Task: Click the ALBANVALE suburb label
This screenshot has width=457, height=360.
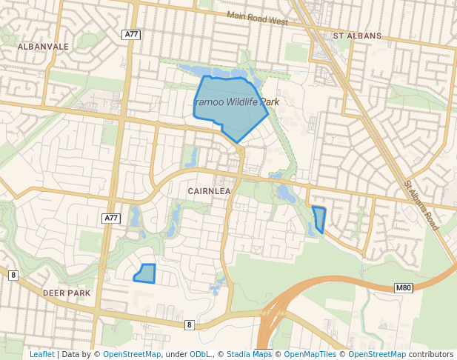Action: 42,46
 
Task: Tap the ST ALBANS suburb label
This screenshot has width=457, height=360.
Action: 357,36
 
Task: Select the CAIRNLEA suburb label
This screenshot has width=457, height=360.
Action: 210,191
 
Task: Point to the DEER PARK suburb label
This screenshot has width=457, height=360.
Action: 67,293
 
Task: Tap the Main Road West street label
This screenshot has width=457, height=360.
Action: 257,19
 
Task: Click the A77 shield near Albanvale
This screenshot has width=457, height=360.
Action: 132,34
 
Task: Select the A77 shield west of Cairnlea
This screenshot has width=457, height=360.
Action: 110,218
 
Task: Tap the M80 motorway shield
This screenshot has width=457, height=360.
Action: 403,287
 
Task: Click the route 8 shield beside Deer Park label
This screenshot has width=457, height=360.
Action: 13,276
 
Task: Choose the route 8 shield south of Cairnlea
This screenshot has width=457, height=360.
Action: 190,324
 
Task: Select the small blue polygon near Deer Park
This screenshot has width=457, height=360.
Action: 145,273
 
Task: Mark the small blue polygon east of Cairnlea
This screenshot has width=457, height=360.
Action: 320,219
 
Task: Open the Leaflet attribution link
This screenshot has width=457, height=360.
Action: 41,354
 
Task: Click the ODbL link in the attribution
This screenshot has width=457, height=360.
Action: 199,354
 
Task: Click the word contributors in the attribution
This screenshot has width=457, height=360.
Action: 431,354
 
